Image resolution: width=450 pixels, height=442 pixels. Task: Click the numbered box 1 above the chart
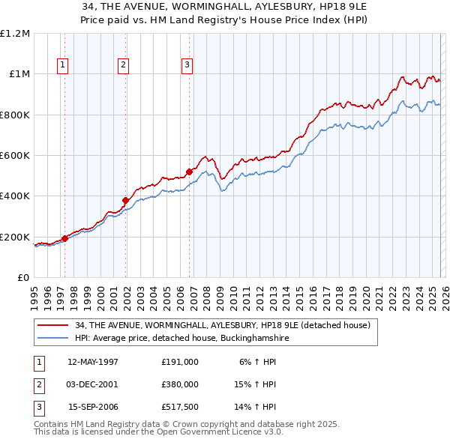(x=62, y=65)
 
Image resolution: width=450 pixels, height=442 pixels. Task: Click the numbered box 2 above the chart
(x=123, y=65)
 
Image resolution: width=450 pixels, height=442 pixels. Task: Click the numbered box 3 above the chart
(x=186, y=65)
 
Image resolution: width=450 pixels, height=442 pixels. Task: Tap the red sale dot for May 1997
(x=65, y=238)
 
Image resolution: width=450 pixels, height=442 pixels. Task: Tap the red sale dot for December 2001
(x=126, y=200)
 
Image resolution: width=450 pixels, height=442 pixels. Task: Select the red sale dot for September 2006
(x=189, y=172)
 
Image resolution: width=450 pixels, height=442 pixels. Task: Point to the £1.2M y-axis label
(x=16, y=34)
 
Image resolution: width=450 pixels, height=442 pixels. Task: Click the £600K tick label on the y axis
(x=15, y=156)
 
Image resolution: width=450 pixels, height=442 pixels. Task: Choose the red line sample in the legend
(x=53, y=326)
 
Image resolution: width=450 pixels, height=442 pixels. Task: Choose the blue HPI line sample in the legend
(x=53, y=339)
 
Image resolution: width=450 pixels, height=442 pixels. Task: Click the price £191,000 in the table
(x=180, y=362)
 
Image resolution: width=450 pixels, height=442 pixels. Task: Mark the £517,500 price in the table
(x=180, y=408)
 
